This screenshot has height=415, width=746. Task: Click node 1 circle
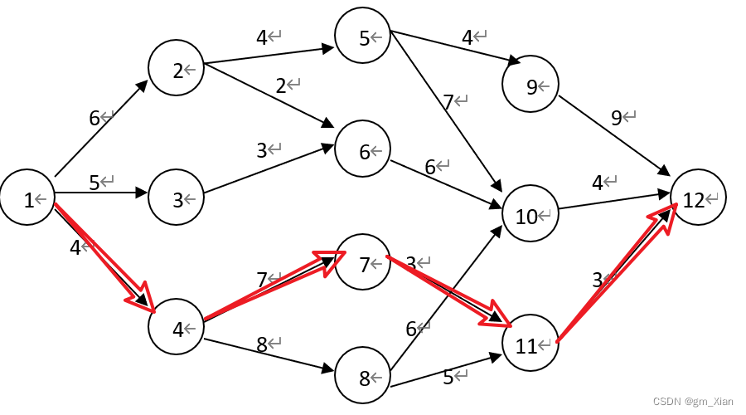28,199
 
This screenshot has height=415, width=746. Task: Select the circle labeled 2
177,71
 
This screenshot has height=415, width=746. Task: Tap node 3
177,199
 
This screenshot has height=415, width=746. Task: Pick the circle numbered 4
177,329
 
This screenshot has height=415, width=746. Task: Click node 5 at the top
363,37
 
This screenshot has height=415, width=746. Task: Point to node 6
363,152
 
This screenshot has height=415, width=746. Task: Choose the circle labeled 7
363,264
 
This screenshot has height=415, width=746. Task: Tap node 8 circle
363,378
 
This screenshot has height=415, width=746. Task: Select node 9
531,85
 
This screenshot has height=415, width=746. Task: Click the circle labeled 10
530,217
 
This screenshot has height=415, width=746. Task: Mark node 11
530,346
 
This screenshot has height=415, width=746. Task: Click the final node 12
697,199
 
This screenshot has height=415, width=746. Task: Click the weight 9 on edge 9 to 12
616,118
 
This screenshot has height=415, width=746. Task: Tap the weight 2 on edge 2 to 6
281,85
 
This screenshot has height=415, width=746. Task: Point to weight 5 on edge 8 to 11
448,378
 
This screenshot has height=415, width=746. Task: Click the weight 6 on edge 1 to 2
94,118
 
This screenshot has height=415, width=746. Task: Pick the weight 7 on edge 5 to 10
448,102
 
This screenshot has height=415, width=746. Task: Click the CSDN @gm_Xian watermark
693,401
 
